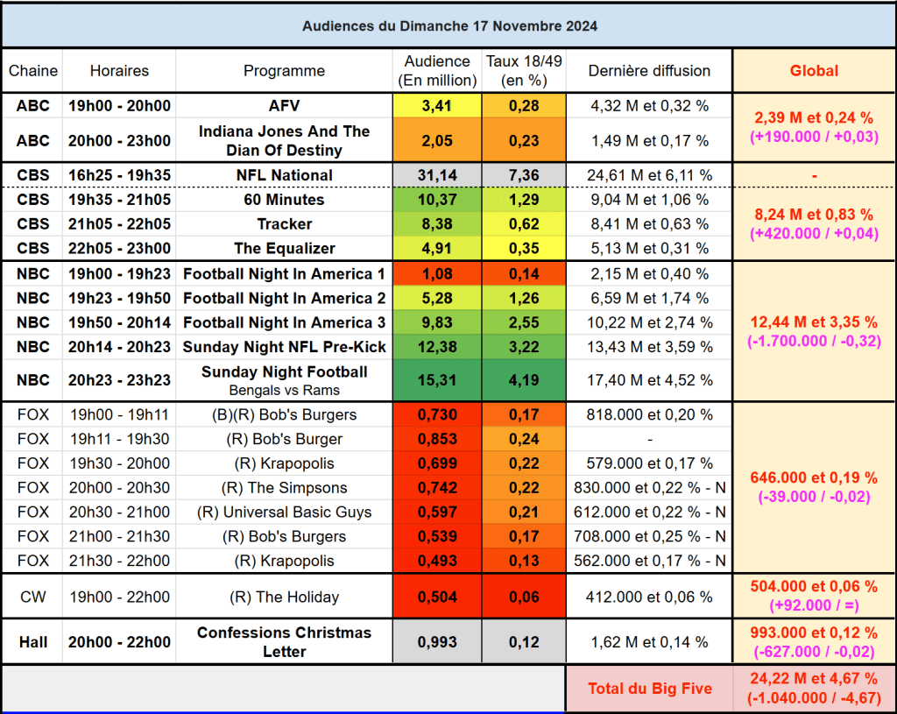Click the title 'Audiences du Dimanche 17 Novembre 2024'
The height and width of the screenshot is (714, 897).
(x=449, y=26)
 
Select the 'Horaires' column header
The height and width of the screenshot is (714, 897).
(x=119, y=71)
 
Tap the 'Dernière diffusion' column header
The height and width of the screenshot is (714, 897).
(x=649, y=71)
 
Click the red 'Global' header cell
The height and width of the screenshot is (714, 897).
(x=814, y=71)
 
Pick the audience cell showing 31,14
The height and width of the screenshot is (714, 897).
(x=437, y=175)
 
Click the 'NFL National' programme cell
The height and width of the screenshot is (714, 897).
(x=284, y=175)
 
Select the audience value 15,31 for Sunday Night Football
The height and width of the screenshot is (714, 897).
(x=437, y=380)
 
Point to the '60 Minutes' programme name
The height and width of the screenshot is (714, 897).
(x=284, y=200)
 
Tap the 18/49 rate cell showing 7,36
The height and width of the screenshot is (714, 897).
(x=524, y=175)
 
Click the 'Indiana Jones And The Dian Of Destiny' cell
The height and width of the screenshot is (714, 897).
(x=284, y=140)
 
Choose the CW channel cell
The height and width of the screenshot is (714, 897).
(x=33, y=597)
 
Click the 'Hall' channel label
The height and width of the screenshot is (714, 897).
(x=33, y=642)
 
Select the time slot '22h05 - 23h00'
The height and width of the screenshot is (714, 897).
(x=119, y=249)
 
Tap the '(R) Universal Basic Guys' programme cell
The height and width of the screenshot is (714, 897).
(x=284, y=513)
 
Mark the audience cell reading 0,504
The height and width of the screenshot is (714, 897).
(x=437, y=597)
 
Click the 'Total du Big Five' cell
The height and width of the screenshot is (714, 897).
(x=649, y=689)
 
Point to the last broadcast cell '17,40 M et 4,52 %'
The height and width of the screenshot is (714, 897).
(x=649, y=380)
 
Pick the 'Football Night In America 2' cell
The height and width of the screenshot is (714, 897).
(x=284, y=298)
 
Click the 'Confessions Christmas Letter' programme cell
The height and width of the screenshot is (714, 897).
(x=284, y=642)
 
